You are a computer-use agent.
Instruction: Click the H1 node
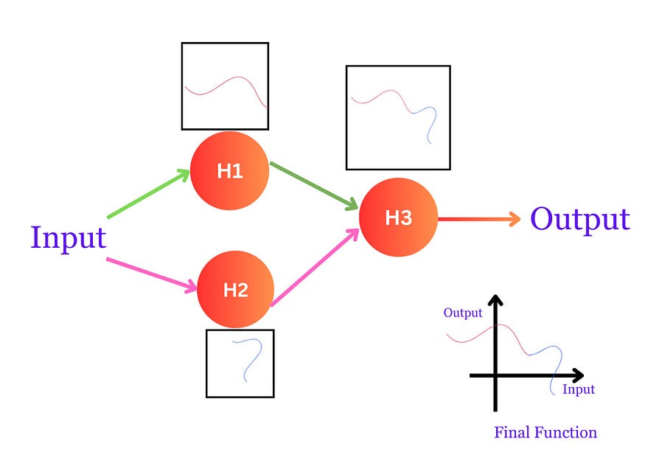(x=229, y=170)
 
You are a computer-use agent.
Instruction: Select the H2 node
(x=235, y=288)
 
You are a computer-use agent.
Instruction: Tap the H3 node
(x=398, y=218)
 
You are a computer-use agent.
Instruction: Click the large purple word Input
(x=69, y=238)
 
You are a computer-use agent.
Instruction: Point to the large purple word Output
(x=580, y=219)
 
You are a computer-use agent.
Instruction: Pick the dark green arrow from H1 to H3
(x=313, y=185)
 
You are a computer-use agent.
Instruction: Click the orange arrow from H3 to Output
(x=479, y=218)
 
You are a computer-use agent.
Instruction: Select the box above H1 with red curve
(x=225, y=86)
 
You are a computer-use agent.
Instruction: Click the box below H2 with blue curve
(x=240, y=363)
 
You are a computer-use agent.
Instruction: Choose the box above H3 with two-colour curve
(x=398, y=118)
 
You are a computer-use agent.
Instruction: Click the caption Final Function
(x=545, y=432)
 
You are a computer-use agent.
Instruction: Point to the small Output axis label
(x=463, y=313)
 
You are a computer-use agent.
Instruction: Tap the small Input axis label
(x=578, y=389)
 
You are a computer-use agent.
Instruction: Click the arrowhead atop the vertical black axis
(x=495, y=300)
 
